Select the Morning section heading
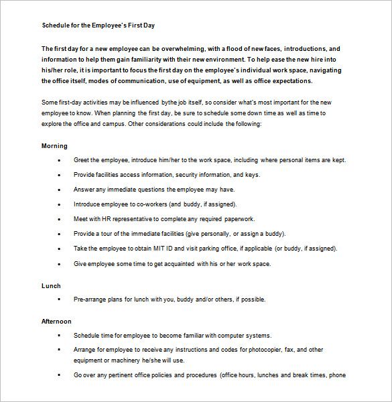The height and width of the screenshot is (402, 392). (x=54, y=145)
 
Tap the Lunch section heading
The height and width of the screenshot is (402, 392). (x=51, y=285)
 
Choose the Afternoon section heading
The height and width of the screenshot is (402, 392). (x=56, y=322)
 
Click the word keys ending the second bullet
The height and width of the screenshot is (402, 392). (x=253, y=175)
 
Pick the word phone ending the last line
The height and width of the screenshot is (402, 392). (x=337, y=375)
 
